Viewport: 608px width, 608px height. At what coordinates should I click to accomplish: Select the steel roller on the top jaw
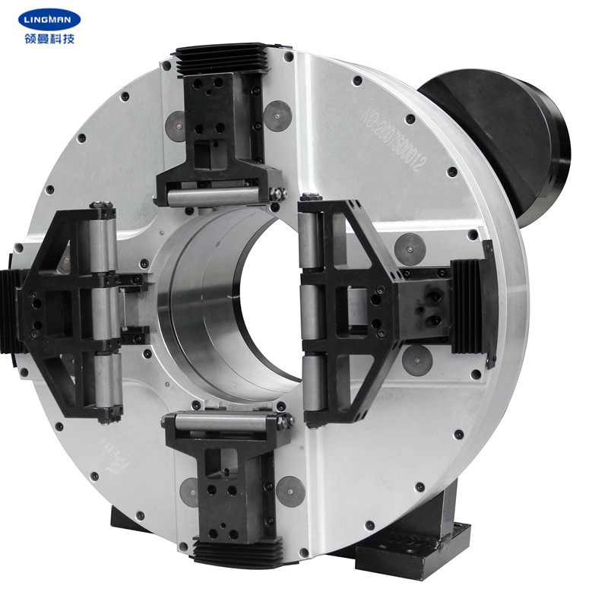(217, 197)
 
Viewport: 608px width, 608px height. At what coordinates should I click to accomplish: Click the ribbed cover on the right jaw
(466, 305)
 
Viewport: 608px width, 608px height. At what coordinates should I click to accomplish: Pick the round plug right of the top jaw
(277, 116)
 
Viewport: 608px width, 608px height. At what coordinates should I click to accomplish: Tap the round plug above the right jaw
(410, 245)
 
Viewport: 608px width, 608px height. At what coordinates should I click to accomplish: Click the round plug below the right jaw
(417, 359)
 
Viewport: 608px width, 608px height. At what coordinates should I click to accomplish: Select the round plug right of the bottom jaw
(290, 492)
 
